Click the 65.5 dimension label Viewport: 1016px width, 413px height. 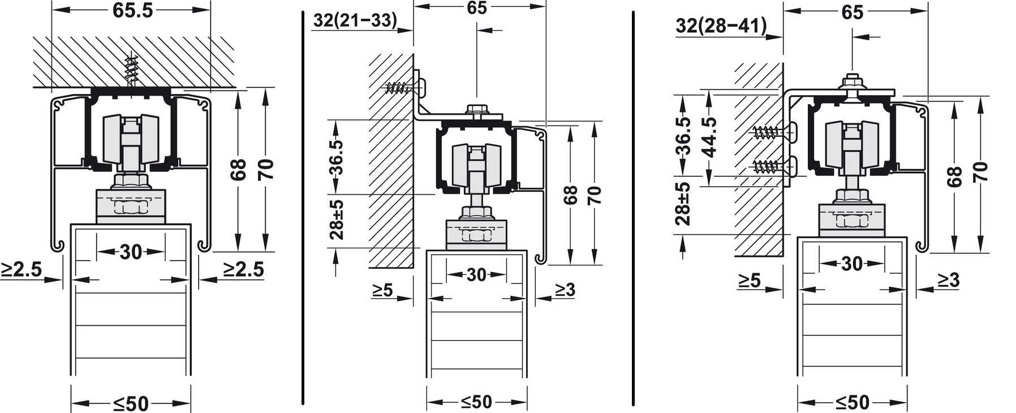click(132, 10)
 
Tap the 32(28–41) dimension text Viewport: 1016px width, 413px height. click(721, 25)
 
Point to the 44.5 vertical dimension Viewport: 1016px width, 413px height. click(708, 136)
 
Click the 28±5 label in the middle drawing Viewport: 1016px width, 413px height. click(337, 220)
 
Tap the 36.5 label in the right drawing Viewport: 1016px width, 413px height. click(683, 136)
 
